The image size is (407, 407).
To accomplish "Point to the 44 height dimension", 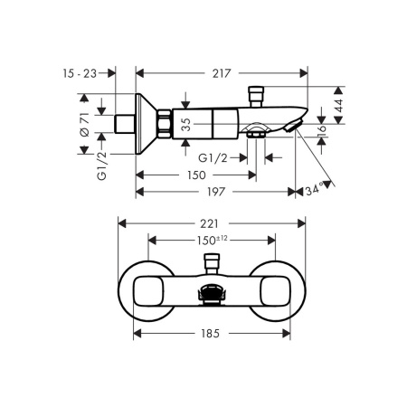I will [337, 105].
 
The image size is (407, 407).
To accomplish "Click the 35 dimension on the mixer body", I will [187, 125].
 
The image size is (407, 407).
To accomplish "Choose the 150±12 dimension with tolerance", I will [211, 241].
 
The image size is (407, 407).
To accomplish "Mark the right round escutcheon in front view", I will [270, 287].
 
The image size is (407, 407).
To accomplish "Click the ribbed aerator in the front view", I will [212, 293].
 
